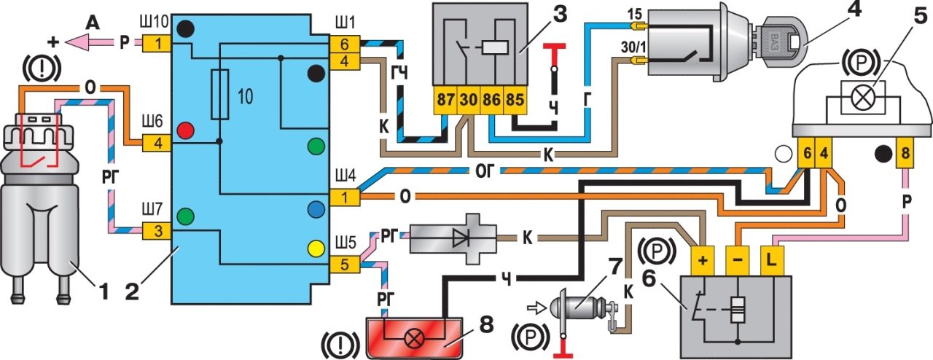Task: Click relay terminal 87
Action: [x=445, y=100]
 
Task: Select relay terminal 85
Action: [x=515, y=100]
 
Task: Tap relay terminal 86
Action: [x=492, y=100]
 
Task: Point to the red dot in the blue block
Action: [x=186, y=130]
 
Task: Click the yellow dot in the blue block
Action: [x=316, y=249]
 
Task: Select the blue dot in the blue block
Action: [x=316, y=210]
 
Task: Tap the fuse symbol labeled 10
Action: [x=220, y=95]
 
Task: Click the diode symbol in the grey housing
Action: [x=461, y=238]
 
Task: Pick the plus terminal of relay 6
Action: [x=703, y=260]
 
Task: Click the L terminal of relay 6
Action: [x=773, y=260]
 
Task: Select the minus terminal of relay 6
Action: [x=738, y=260]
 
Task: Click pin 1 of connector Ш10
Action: [x=158, y=43]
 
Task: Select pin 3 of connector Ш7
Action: [x=158, y=231]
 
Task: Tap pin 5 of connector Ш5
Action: [x=345, y=265]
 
